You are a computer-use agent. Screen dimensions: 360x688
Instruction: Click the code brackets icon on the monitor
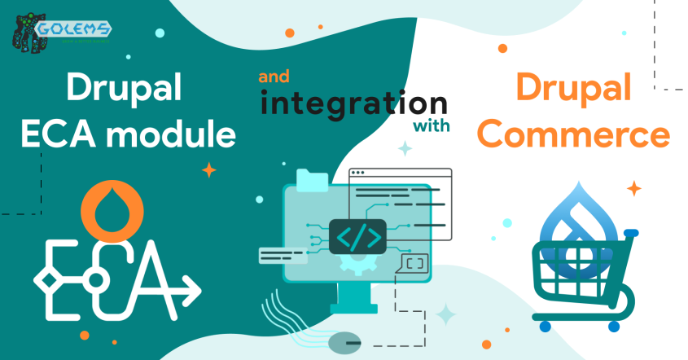[358, 237]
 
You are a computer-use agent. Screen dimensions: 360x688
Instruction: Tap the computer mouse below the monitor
[348, 343]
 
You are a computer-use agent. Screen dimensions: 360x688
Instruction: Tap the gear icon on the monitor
[357, 265]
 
